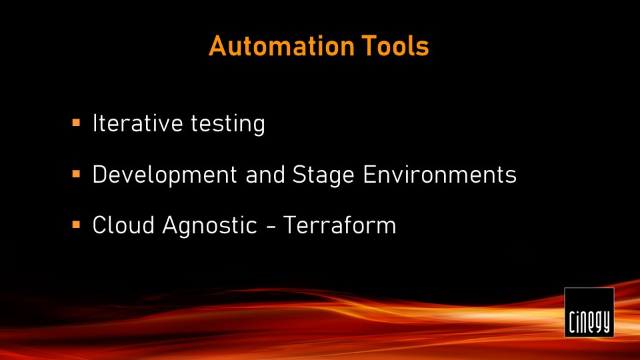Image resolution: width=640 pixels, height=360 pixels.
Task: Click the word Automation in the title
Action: click(281, 46)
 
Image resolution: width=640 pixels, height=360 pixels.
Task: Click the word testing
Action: click(228, 124)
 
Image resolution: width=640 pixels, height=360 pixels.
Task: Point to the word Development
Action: click(165, 175)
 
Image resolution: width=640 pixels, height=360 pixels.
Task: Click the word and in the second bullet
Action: click(265, 175)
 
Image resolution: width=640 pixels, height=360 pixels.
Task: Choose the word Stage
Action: click(323, 175)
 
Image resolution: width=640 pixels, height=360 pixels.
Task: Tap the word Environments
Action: click(439, 175)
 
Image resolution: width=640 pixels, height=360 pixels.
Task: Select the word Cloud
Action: click(123, 225)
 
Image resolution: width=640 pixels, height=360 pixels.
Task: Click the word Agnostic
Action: click(209, 226)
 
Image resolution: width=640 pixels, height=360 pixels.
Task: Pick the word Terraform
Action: click(339, 225)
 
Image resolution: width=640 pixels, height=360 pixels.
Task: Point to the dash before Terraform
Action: click(270, 227)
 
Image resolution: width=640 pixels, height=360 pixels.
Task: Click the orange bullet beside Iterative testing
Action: click(76, 123)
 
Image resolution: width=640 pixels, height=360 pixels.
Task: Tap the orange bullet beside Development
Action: click(76, 174)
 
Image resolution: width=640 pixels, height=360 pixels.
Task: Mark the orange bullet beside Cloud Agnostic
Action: click(76, 225)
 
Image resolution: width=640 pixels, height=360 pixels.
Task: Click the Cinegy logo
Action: click(589, 312)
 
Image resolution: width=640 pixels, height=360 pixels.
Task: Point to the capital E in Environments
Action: click(369, 175)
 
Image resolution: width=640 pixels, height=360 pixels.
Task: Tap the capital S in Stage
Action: click(299, 175)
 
